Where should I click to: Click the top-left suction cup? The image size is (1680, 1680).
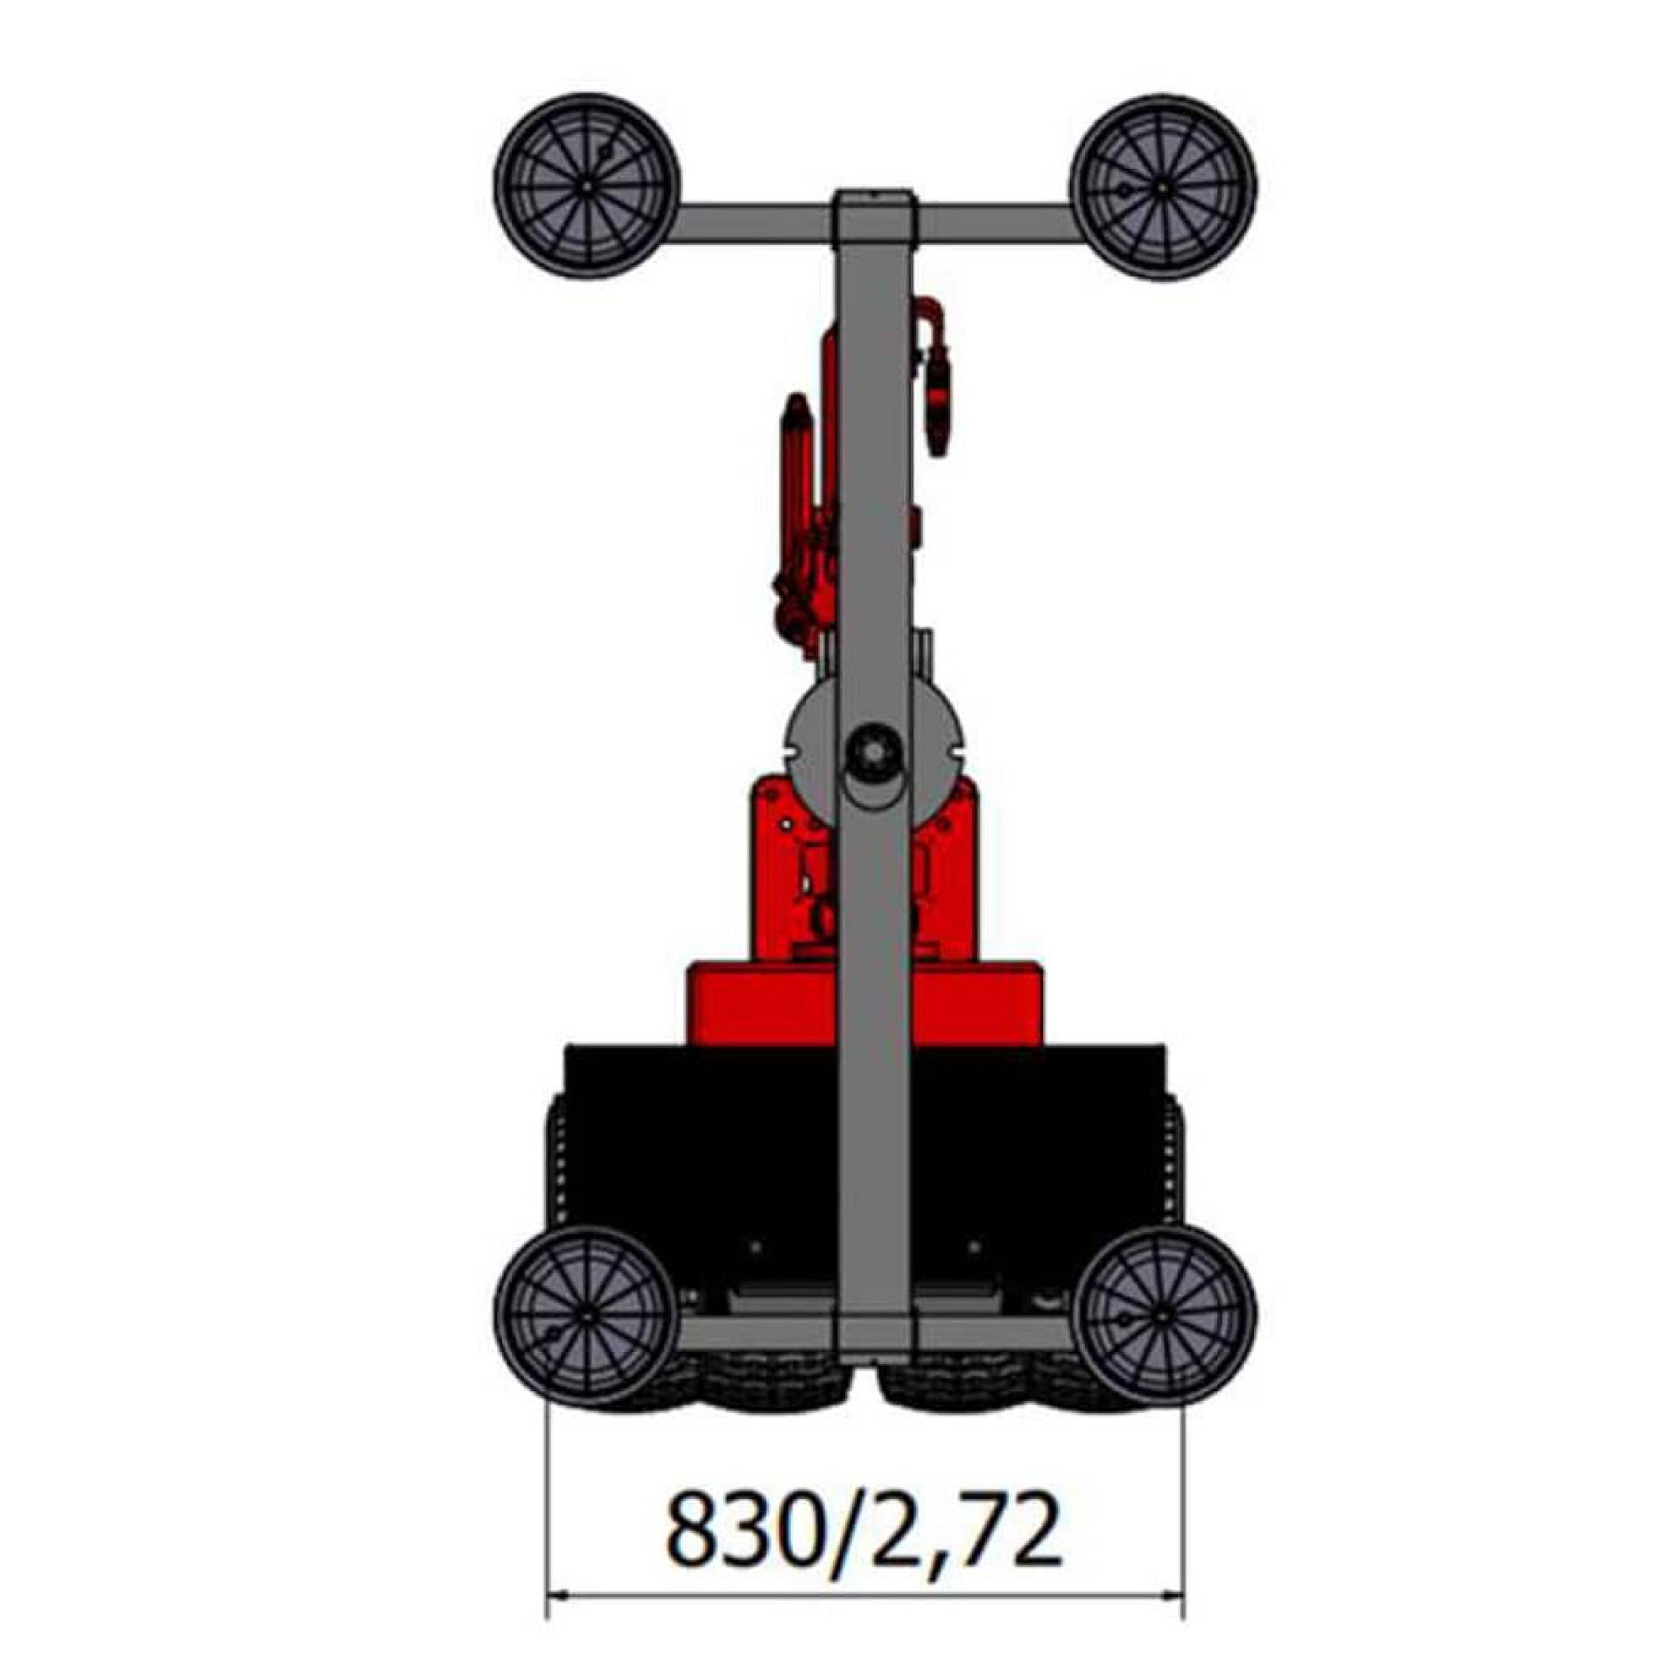[x=587, y=186]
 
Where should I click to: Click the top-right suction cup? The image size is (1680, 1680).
[x=1163, y=186]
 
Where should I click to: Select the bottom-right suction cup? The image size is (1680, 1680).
[x=1164, y=1315]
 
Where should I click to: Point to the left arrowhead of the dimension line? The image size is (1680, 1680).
[x=560, y=1620]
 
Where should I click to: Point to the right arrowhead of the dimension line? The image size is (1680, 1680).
[x=1171, y=1620]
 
